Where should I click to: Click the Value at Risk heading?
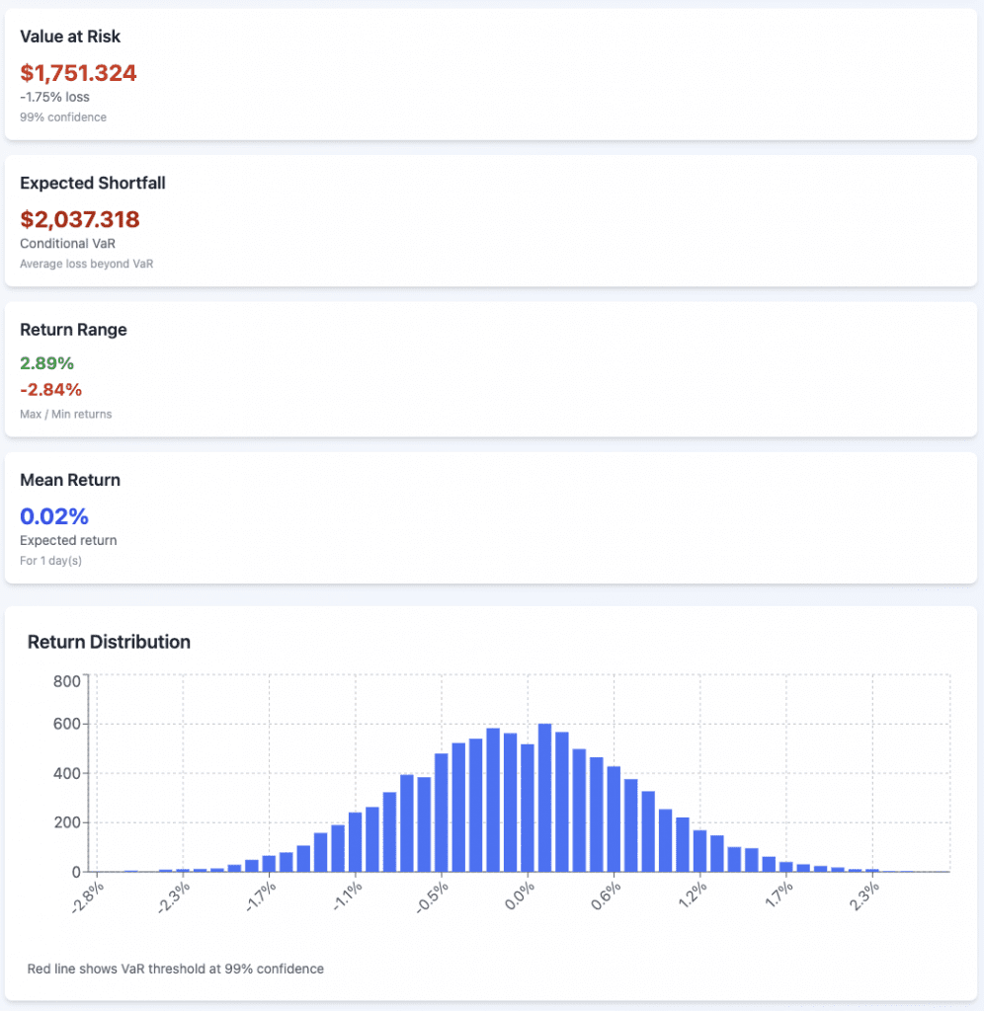click(x=70, y=37)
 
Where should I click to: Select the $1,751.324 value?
click(x=78, y=73)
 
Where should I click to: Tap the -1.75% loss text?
click(x=54, y=97)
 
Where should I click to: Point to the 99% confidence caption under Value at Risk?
click(x=63, y=117)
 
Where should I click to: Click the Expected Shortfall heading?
click(x=92, y=183)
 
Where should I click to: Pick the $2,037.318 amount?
click(x=80, y=219)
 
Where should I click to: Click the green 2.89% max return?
click(x=46, y=362)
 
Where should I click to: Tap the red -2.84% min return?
click(x=50, y=389)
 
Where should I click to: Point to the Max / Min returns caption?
click(x=66, y=414)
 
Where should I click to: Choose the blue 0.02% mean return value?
click(x=54, y=515)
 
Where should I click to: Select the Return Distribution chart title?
click(x=109, y=642)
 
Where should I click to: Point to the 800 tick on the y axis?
click(x=66, y=680)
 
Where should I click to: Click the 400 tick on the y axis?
click(x=66, y=773)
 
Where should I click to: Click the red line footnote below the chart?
click(x=176, y=969)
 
